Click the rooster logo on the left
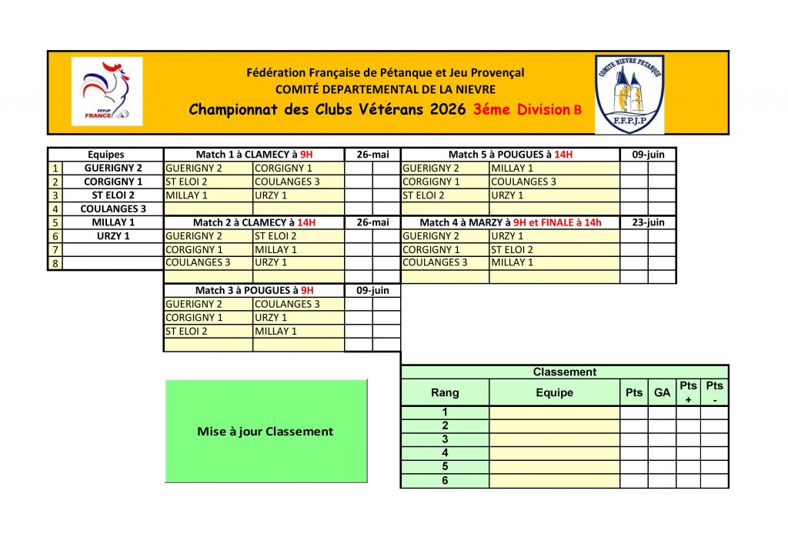(106, 91)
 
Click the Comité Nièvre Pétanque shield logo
(629, 93)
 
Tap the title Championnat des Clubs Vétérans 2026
(327, 109)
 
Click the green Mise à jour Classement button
(265, 431)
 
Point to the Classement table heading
(564, 372)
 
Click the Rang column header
(445, 392)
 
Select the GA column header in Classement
(662, 392)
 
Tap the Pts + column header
(688, 392)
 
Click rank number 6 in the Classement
(445, 481)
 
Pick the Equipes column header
(105, 155)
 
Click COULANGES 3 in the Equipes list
(112, 208)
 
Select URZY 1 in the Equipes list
(112, 235)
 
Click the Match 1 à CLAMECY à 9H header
(254, 155)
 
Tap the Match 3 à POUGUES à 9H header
(254, 290)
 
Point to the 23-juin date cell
(648, 222)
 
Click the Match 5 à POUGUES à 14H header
(510, 155)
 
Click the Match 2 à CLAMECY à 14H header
(254, 222)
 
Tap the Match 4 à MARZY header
(510, 222)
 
